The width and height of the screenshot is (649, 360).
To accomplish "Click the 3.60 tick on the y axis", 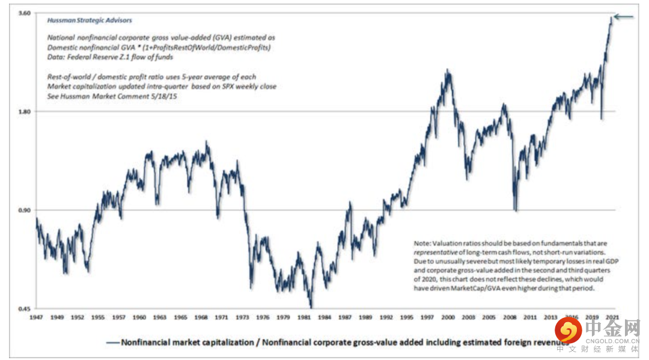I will pyautogui.click(x=23, y=13).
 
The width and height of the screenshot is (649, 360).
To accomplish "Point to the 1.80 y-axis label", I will pyautogui.click(x=23, y=112).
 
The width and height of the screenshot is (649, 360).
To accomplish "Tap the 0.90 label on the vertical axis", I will pyautogui.click(x=23, y=210).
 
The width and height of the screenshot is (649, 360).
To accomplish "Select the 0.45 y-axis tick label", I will pyautogui.click(x=23, y=309).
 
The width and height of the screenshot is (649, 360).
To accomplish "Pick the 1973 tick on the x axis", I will pyautogui.click(x=243, y=316).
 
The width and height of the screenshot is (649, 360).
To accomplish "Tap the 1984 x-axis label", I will pyautogui.click(x=325, y=316).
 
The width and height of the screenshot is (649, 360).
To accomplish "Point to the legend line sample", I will pyautogui.click(x=112, y=343).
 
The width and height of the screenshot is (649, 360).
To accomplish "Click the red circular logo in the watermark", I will pyautogui.click(x=568, y=330).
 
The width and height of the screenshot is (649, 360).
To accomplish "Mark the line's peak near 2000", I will pyautogui.click(x=447, y=71).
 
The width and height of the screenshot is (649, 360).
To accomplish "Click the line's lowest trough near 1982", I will pyautogui.click(x=311, y=307).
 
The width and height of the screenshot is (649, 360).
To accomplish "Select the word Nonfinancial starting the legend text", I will pyautogui.click(x=144, y=343).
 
